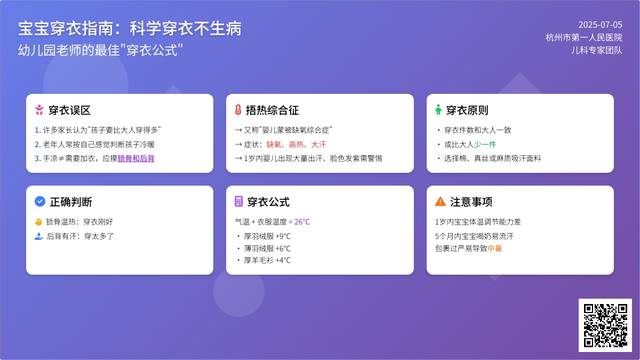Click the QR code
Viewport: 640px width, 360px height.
[605, 325]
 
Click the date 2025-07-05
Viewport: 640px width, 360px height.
[601, 25]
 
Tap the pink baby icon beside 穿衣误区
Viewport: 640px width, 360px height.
[39, 110]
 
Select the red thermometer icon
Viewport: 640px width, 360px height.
[238, 110]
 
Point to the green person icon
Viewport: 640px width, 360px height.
[438, 110]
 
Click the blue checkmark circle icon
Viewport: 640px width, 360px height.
[40, 202]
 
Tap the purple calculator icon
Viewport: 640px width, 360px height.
[239, 202]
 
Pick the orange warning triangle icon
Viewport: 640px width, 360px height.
[441, 202]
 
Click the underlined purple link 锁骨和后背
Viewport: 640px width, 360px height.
[136, 158]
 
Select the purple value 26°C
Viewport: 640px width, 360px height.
[302, 222]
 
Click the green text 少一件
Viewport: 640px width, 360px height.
[485, 145]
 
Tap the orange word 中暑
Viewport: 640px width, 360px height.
[494, 249]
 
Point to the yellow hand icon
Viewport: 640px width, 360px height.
[38, 222]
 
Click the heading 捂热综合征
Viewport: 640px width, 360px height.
[273, 110]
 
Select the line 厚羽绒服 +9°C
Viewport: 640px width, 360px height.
[267, 236]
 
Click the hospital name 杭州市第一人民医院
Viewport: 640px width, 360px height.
[584, 37]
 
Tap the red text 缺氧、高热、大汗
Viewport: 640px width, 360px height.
[296, 145]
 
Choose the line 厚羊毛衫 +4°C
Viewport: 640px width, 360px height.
[267, 260]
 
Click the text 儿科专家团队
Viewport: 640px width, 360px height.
[597, 50]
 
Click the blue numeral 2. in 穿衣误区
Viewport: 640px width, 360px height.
[38, 145]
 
